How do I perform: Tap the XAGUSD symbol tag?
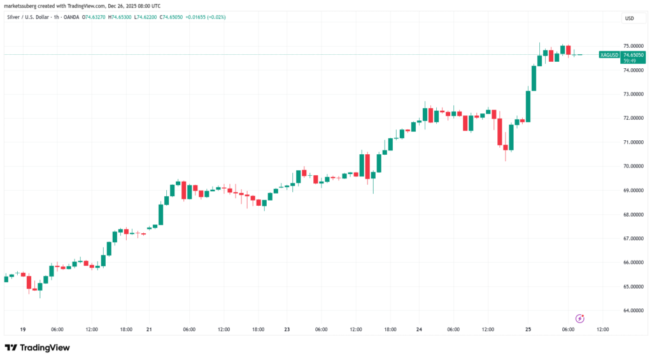click(609, 55)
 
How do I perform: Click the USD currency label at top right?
click(629, 18)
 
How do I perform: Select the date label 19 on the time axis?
click(22, 329)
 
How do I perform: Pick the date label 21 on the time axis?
click(150, 329)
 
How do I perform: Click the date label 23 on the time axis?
click(287, 329)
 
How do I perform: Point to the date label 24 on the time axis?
click(419, 329)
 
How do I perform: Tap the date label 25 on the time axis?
click(528, 329)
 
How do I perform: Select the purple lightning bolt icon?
click(579, 318)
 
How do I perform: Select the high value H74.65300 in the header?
click(121, 17)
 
